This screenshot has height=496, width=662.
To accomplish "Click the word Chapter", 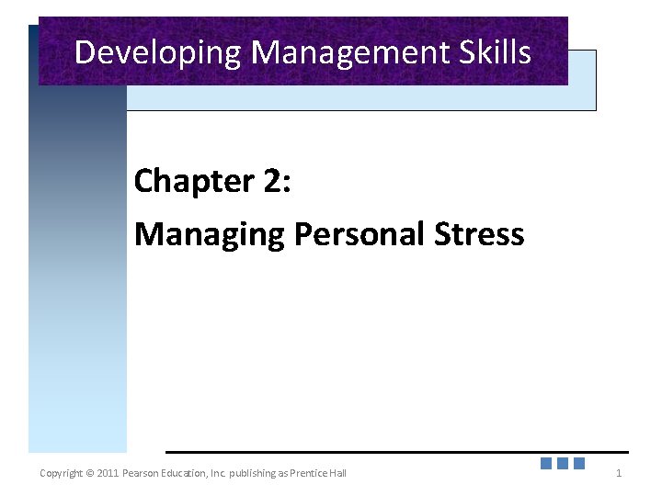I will pos(194,181).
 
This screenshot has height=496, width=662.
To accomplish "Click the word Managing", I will pos(210,235).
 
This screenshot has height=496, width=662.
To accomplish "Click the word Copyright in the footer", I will pos(61,473).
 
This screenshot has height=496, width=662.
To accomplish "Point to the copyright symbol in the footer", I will pos(89,473).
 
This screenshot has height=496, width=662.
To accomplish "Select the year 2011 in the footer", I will pos(107,473).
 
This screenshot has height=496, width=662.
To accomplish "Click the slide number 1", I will pos(619,473).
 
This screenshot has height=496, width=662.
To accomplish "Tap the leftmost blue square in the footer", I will pos(546,464).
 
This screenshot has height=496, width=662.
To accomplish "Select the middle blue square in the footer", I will pos(563,464).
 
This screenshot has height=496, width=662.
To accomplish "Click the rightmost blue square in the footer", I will pos(579,464).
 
